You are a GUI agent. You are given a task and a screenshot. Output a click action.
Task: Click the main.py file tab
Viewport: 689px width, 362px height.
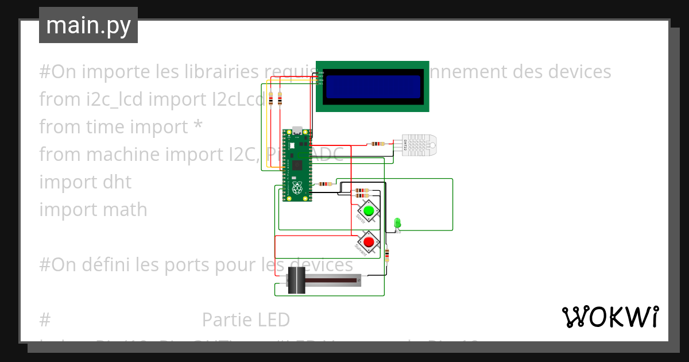(x=88, y=25)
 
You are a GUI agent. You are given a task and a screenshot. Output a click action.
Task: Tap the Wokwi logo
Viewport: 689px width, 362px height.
(x=610, y=317)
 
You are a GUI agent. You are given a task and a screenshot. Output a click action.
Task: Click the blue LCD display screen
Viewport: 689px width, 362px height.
(x=373, y=86)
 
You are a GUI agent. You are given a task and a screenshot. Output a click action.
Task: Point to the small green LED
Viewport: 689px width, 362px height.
(x=397, y=222)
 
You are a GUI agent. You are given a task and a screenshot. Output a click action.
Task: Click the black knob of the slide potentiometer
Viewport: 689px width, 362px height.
(x=296, y=280)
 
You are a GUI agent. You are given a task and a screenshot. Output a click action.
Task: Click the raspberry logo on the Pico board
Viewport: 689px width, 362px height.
(x=297, y=188)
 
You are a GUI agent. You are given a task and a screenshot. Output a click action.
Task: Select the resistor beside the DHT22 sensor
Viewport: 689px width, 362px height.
(x=377, y=144)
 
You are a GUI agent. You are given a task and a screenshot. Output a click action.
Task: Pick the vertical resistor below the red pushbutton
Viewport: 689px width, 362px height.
(x=387, y=254)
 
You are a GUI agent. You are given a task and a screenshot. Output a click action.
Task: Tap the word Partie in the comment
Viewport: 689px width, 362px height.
(x=226, y=319)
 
